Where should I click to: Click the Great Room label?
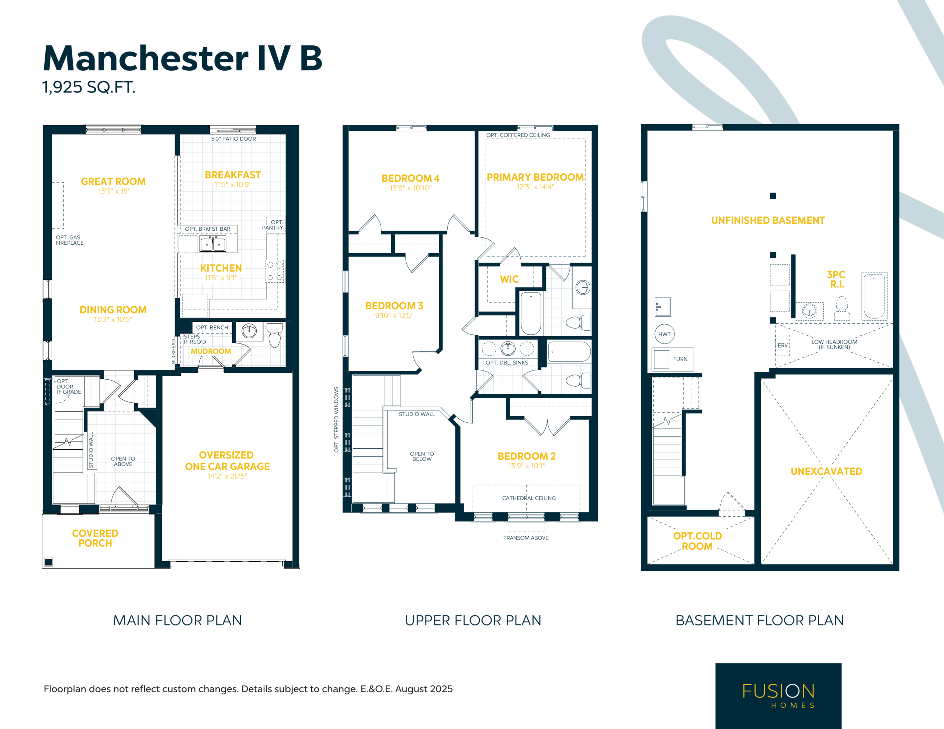tap(113, 181)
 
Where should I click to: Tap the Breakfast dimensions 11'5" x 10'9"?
tap(233, 185)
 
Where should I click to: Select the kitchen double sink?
tap(213, 244)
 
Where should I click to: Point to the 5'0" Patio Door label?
tap(233, 139)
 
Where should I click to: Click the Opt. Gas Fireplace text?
tap(70, 240)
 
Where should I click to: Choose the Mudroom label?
tap(211, 351)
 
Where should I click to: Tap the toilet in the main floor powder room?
tap(275, 335)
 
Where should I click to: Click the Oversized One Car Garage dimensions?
tap(228, 476)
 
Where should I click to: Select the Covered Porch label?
tap(95, 538)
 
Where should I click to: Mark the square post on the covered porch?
tap(48, 562)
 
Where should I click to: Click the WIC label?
tap(509, 279)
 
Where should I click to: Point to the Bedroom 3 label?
tap(394, 306)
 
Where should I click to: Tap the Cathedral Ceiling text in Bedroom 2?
tap(529, 498)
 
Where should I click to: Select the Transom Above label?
tap(526, 538)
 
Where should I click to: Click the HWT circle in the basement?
tap(664, 334)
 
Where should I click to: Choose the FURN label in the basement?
tap(680, 359)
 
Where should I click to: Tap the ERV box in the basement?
tap(783, 345)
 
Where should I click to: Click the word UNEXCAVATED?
tap(826, 471)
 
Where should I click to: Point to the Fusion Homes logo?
tap(778, 696)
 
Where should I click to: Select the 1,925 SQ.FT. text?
tap(88, 87)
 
